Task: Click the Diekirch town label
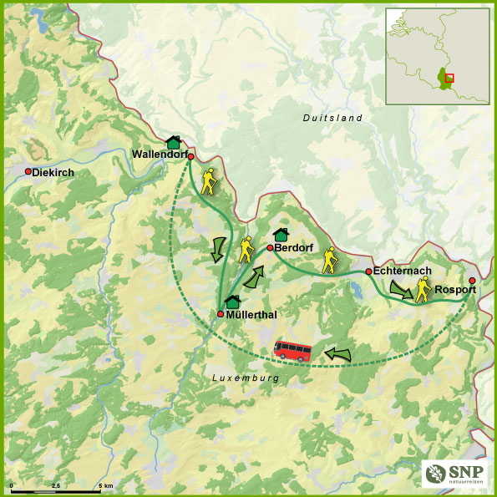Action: point(53,172)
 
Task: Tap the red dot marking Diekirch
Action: point(28,171)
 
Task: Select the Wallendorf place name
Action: point(159,155)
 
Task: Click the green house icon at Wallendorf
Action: point(174,142)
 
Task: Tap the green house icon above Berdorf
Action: point(281,233)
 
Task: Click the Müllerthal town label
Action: point(252,315)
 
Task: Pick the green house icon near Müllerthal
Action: point(233,301)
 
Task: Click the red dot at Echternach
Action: point(368,271)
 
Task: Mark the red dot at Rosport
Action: point(472,281)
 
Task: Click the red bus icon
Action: point(293,350)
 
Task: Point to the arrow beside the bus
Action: point(337,354)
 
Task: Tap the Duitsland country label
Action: point(332,119)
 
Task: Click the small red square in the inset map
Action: point(449,78)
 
